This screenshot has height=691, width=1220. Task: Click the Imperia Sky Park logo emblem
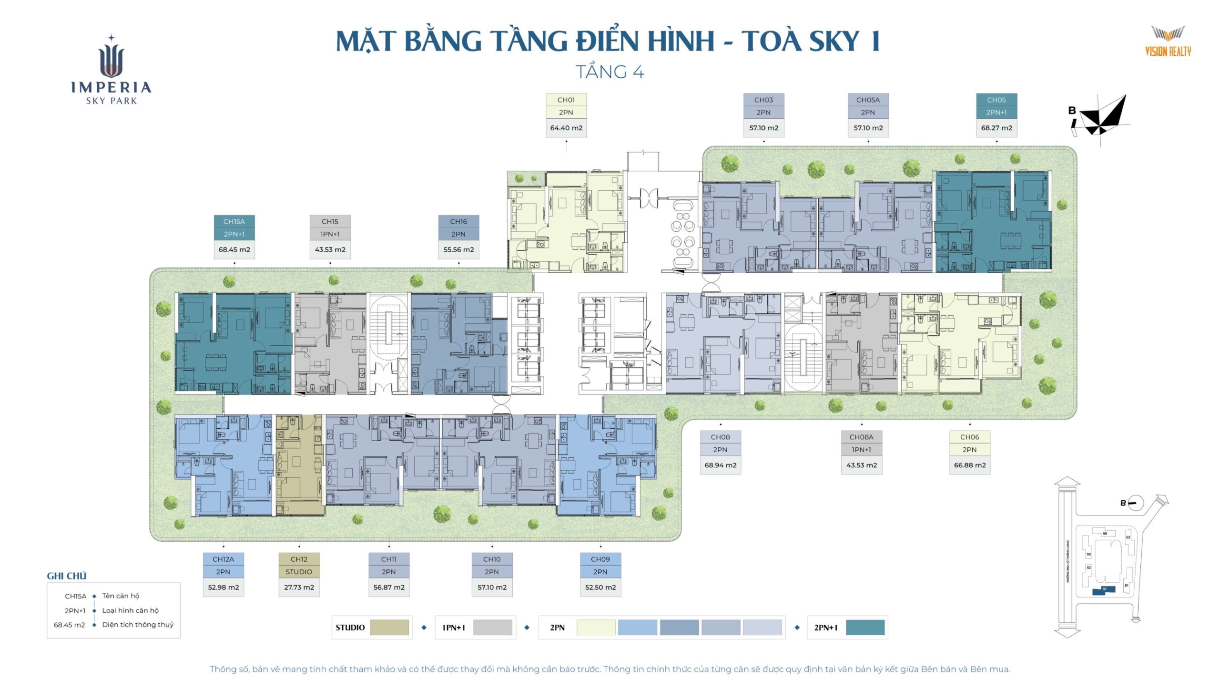coord(112,57)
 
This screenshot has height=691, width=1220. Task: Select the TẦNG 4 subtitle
coord(610,72)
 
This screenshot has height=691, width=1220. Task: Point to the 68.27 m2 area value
coord(996,128)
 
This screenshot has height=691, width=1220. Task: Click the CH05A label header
coord(867,100)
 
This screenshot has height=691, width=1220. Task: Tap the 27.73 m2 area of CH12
coord(299,587)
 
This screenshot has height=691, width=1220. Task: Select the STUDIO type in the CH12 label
coord(299,571)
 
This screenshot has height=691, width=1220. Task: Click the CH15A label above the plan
coord(234,222)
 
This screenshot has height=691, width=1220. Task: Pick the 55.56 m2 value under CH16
coord(458,249)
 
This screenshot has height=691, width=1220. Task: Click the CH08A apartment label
coord(861,437)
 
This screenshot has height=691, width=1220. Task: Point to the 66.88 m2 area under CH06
coord(969,465)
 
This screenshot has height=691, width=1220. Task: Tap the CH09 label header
coord(600,559)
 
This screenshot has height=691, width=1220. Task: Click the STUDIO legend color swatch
coord(389,627)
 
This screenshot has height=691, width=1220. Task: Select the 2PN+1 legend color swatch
coord(864,627)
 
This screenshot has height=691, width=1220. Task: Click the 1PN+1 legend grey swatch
coord(492,627)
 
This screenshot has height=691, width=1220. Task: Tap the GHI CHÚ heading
coord(67,576)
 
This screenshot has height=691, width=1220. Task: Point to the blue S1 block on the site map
coord(1103,590)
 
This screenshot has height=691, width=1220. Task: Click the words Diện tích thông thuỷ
coord(138,624)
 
